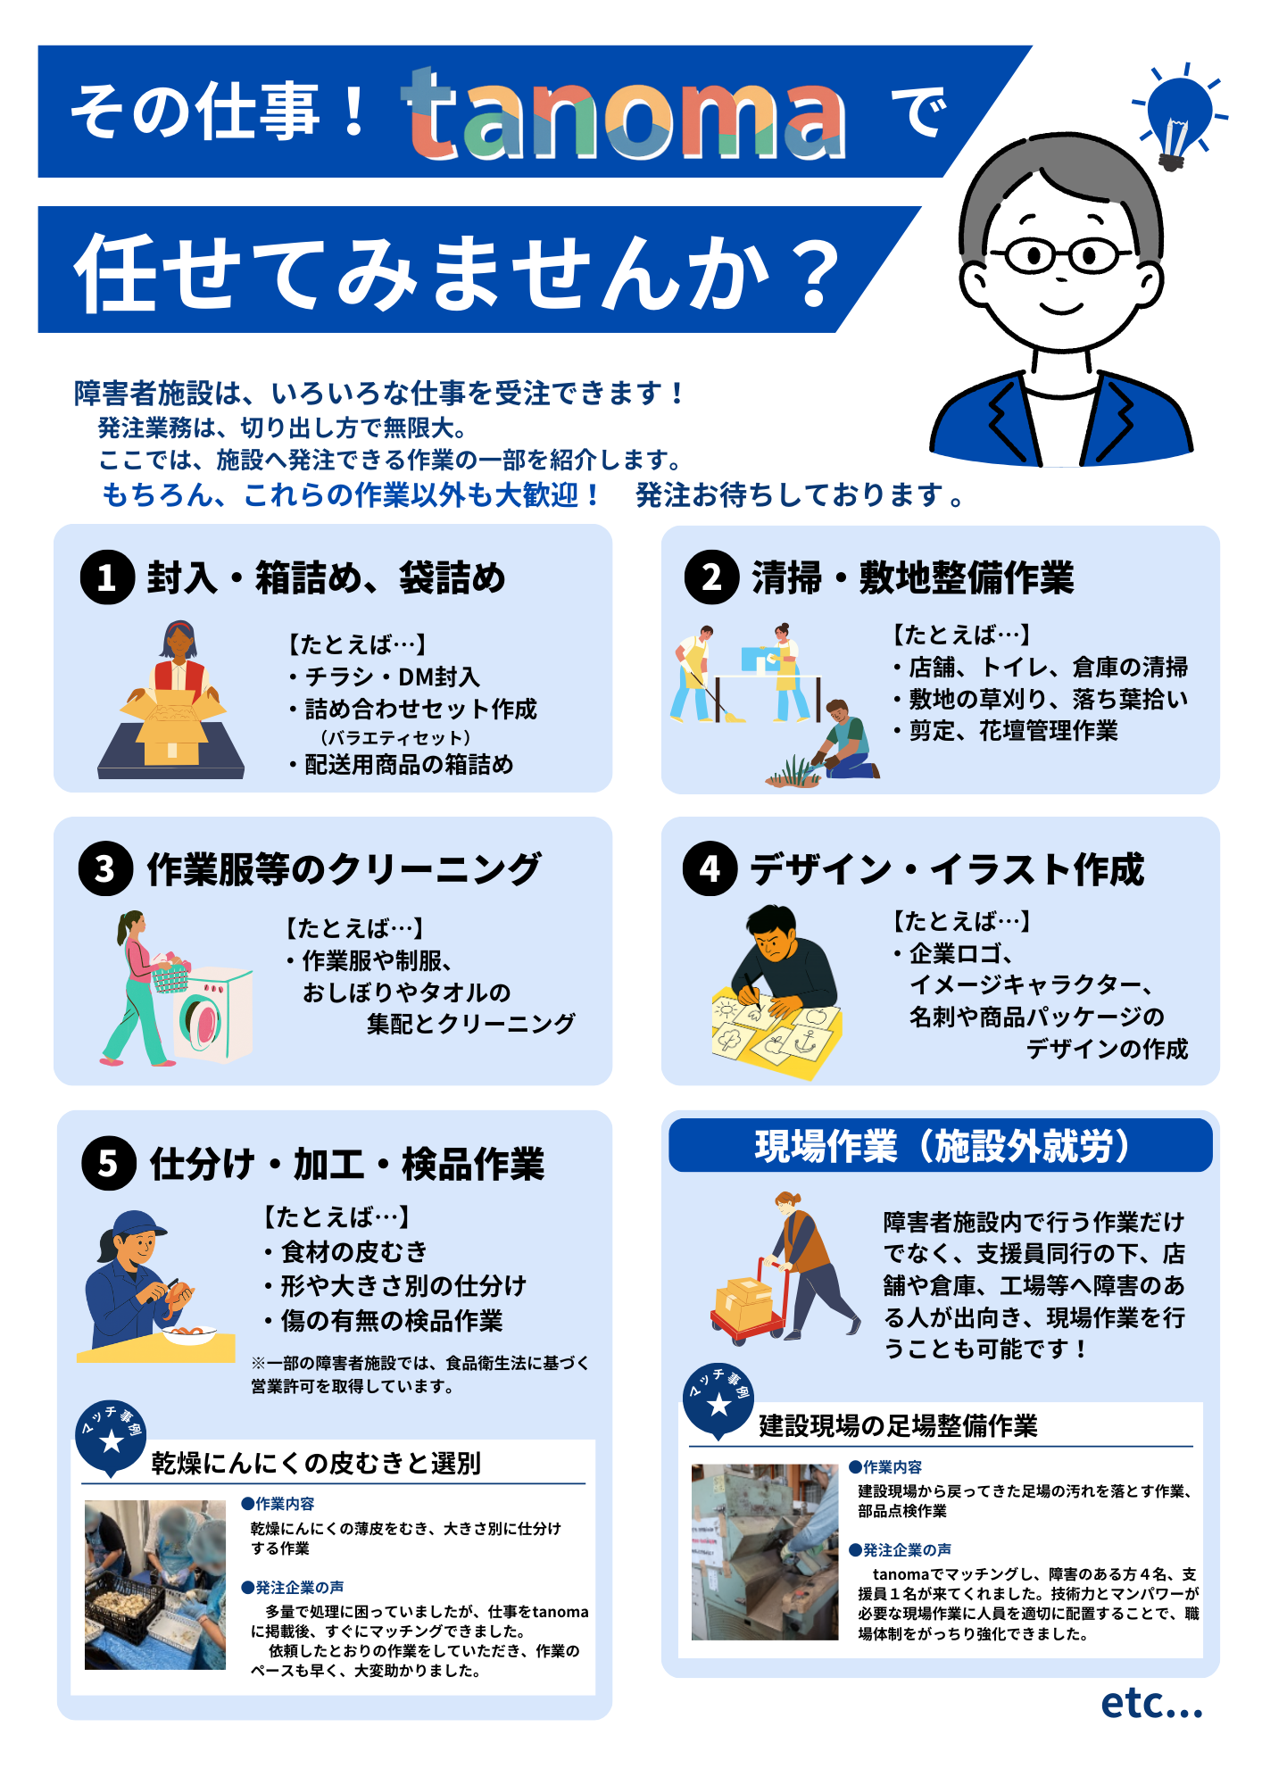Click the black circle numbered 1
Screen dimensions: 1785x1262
(107, 577)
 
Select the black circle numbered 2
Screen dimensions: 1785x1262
(711, 577)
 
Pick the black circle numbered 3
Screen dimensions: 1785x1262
(105, 868)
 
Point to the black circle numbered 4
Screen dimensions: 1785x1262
(710, 868)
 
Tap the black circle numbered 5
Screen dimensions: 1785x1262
(108, 1163)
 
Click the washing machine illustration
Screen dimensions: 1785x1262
(212, 1014)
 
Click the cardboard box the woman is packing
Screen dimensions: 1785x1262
(172, 725)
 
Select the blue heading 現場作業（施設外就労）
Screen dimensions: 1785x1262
(940, 1146)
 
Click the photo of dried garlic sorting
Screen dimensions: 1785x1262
(154, 1584)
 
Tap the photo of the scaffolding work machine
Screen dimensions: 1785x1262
(764, 1551)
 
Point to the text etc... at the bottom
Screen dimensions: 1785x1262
(1151, 1703)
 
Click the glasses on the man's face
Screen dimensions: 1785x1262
(1062, 255)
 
